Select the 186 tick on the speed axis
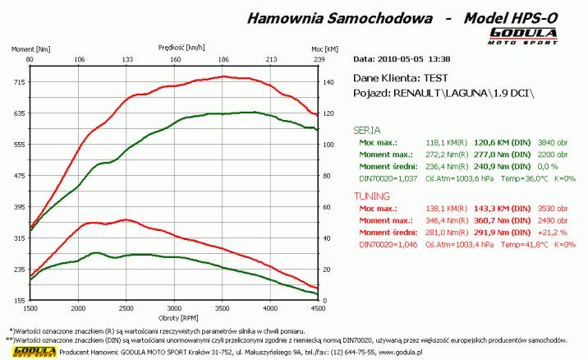(223, 59)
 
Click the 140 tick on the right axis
(328, 82)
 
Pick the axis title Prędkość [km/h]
(182, 48)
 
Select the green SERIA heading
(366, 129)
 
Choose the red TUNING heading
(371, 197)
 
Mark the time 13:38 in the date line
(439, 59)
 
